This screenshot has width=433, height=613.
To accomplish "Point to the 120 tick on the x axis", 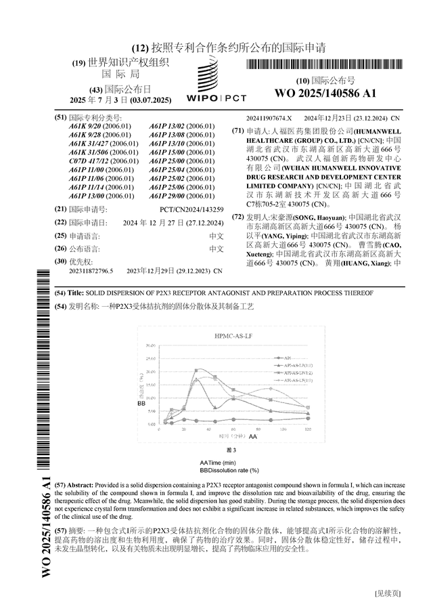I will pos(308,430).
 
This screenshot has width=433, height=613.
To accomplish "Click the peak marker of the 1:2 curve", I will pos(196,370).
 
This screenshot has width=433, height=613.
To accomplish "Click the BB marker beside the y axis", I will pos(141,404).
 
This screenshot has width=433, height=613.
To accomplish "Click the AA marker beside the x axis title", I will pos(252,438).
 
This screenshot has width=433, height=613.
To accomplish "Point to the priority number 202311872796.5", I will pos(90,270).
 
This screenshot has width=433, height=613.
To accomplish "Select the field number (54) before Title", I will pos(60,293).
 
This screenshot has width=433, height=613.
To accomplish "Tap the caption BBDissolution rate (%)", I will pos(229,469).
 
